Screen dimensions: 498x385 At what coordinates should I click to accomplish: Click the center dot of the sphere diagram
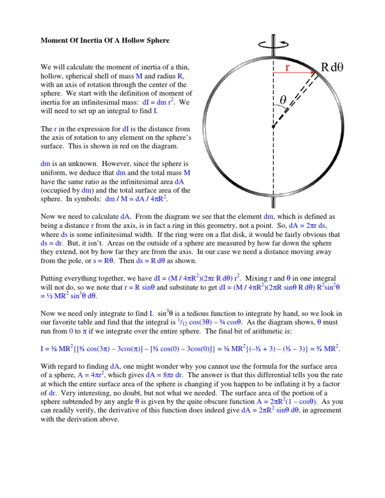273,127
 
